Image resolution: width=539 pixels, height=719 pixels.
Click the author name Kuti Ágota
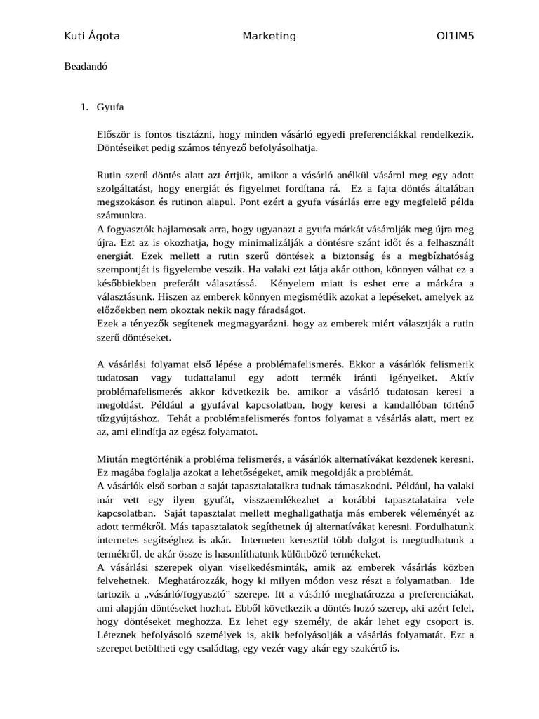[x=91, y=37]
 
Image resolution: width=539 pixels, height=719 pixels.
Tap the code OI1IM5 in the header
[x=455, y=37]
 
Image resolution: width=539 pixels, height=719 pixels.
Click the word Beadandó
[x=86, y=67]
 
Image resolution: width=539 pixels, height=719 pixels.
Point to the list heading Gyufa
[x=110, y=107]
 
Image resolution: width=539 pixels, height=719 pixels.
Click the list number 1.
[x=83, y=107]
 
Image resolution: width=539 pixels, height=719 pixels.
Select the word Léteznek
[x=119, y=635]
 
